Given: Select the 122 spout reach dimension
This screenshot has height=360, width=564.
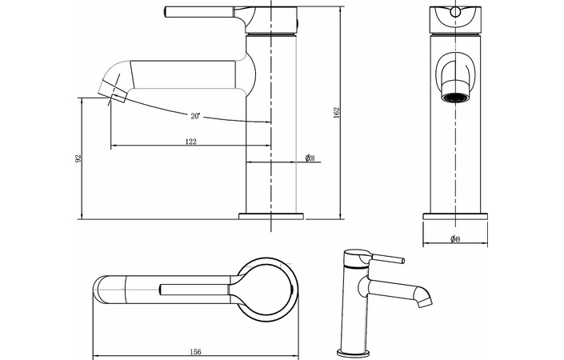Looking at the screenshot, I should tap(190, 141).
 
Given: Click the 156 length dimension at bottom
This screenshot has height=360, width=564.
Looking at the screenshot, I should tap(194, 350).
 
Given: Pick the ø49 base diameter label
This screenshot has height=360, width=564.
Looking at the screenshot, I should tap(454, 239).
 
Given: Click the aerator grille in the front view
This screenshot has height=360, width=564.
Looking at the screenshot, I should tap(455, 98).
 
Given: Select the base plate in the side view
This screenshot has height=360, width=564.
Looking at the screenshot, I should tap(272, 215).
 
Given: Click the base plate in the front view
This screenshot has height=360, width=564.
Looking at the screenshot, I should tap(454, 215).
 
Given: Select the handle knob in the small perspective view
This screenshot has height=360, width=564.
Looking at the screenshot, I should tap(396, 260).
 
